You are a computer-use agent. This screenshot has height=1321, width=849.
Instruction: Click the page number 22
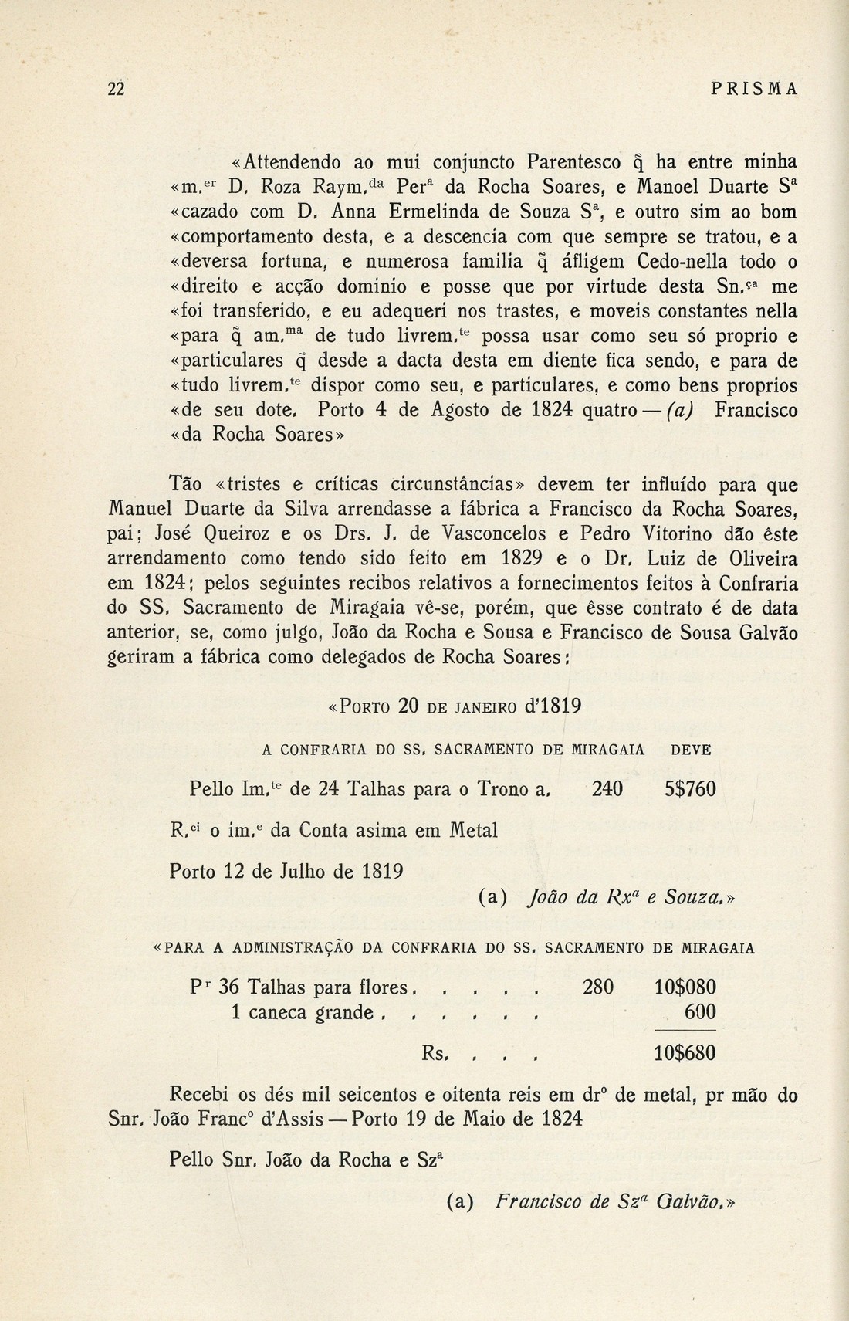pyautogui.click(x=116, y=90)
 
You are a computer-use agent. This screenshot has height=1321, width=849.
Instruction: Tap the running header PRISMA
pyautogui.click(x=753, y=90)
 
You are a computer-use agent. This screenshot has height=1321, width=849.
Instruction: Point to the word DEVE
pyautogui.click(x=692, y=750)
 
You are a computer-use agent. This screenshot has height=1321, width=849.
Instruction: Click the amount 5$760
pyautogui.click(x=690, y=790)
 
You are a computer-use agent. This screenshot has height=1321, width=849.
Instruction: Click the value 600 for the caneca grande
pyautogui.click(x=700, y=1012)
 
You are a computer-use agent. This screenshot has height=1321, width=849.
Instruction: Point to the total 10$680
pyautogui.click(x=685, y=1054)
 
